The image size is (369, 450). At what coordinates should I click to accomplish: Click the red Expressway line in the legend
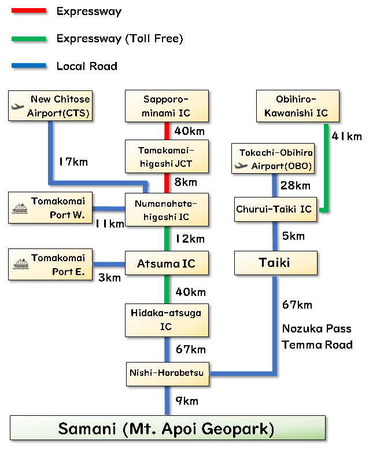[x=28, y=10]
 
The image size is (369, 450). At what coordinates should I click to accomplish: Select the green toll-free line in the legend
[x=28, y=39]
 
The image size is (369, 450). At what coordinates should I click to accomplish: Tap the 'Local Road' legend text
[x=87, y=66]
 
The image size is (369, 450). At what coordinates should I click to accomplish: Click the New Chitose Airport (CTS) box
[x=51, y=107]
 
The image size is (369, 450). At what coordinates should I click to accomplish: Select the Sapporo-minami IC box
[x=167, y=106]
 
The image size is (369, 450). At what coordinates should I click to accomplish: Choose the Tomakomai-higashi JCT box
[x=167, y=157]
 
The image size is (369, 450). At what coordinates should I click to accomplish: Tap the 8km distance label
[x=185, y=182]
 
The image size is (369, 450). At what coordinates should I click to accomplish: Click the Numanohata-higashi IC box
[x=167, y=210]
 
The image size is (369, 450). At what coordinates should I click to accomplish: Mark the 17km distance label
[x=73, y=162]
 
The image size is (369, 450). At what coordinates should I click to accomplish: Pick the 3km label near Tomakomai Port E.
[x=109, y=277]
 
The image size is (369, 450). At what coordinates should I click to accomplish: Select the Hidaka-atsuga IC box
[x=167, y=320]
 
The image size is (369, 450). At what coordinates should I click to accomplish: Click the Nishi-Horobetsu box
[x=168, y=374]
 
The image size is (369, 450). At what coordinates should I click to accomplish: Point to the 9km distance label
[x=186, y=401]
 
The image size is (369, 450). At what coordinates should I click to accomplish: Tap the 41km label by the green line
[x=346, y=137]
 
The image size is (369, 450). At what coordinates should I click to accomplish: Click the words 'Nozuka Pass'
[x=316, y=329]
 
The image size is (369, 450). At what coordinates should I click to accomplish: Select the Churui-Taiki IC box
[x=274, y=210]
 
